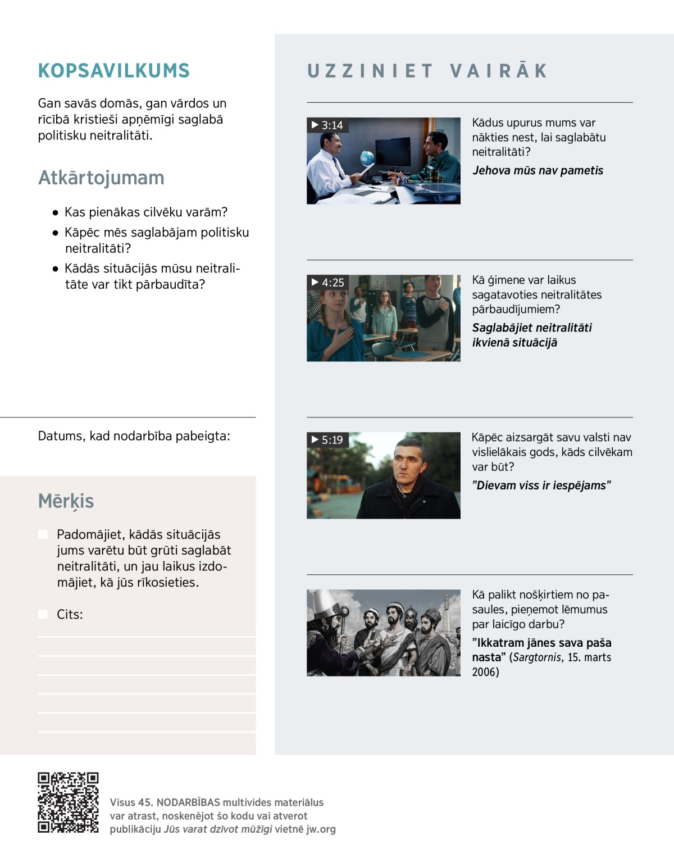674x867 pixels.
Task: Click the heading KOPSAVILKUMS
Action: (x=114, y=71)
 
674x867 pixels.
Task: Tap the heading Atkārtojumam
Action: (x=101, y=178)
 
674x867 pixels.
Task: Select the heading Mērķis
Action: (x=66, y=501)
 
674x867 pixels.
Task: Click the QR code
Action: (x=68, y=802)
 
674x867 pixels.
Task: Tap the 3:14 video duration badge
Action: (x=327, y=125)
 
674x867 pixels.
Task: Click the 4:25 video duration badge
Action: (x=328, y=283)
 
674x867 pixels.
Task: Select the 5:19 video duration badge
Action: (x=327, y=440)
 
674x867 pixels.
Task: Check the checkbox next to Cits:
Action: (x=43, y=614)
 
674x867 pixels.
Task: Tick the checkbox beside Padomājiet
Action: (x=43, y=534)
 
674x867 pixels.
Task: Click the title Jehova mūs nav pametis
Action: (x=538, y=171)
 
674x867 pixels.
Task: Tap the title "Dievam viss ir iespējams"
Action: (x=541, y=485)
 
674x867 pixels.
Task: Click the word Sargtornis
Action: (x=537, y=657)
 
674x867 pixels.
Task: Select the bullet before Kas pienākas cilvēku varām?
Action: (x=55, y=213)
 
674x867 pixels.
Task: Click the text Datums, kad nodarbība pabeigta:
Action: (x=134, y=436)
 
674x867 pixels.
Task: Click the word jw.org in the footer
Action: (x=321, y=829)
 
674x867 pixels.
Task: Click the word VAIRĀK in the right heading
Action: (x=498, y=71)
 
